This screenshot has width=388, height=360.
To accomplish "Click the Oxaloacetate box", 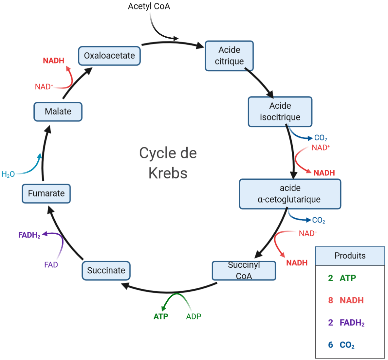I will point(109,56).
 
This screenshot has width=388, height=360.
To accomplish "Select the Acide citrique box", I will point(229,56).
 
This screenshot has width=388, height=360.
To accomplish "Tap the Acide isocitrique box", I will point(280,112).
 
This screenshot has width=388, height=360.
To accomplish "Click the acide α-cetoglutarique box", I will point(290,194).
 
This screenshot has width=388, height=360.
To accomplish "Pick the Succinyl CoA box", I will point(244,271).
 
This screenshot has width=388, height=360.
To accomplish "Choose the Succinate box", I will point(106,271).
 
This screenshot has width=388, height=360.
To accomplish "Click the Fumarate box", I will point(46,193).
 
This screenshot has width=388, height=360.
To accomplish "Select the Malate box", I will point(58,112).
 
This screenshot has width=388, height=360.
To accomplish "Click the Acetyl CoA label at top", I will point(149,6).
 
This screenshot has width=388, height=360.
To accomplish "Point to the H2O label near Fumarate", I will point(8,174).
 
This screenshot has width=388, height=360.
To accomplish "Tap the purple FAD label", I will point(51,265).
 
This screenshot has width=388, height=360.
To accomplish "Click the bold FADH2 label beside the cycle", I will point(29,235).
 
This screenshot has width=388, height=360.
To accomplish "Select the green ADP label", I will point(194,316).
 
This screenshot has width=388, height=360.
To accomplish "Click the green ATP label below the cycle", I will point(161,316).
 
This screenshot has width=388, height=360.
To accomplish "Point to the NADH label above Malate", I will point(54,61).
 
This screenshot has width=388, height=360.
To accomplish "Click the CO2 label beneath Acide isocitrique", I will point(321,138).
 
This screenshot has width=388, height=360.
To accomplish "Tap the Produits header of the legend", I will point(350,256).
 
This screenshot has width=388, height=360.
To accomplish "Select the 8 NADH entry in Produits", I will point(346,300).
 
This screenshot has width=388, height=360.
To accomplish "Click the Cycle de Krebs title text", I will point(168,163).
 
